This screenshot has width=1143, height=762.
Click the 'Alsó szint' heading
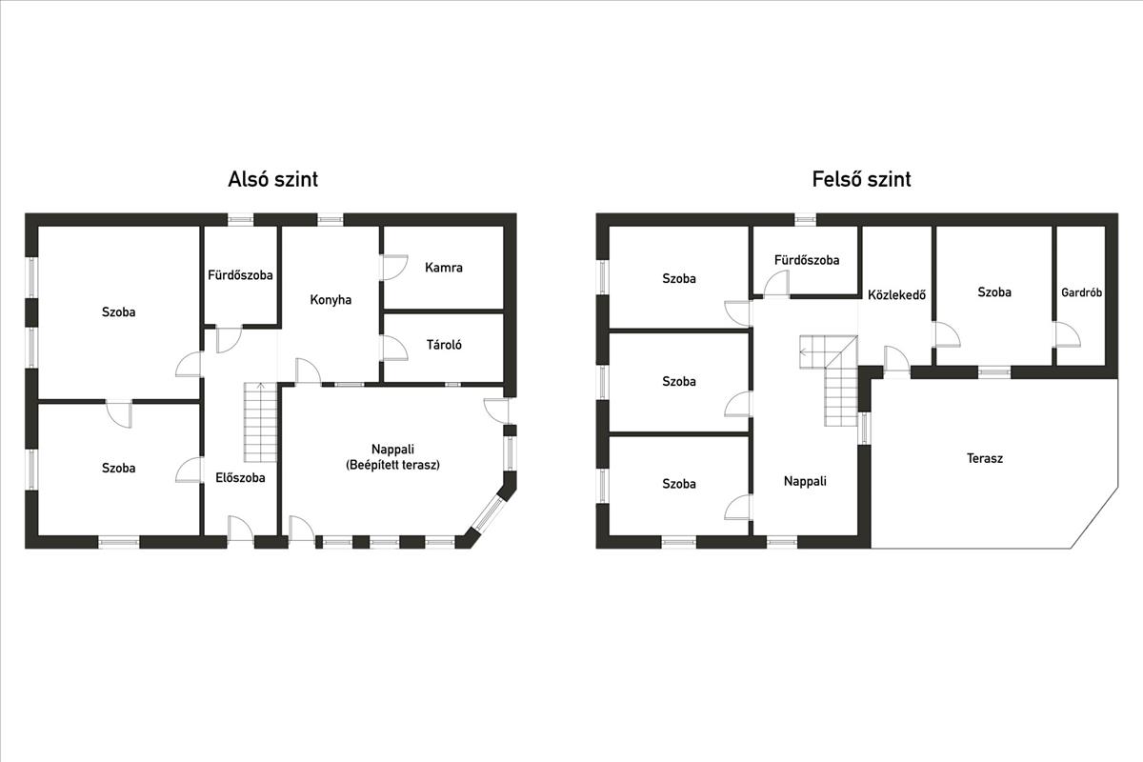tap(273, 179)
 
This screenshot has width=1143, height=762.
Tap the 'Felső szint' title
tap(861, 179)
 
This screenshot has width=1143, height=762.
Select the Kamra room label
tap(444, 268)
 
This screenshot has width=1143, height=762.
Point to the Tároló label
tap(444, 345)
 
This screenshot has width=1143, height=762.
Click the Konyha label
tap(331, 300)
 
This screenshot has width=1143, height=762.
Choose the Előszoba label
tap(240, 478)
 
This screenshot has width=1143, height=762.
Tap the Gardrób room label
tap(1081, 292)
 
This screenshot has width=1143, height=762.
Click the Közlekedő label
tap(896, 294)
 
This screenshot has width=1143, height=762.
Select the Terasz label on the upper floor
tap(984, 458)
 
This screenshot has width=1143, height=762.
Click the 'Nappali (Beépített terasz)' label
tap(392, 457)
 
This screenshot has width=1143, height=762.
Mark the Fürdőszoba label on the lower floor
tap(240, 275)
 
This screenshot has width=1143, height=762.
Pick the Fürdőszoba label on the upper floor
tap(806, 260)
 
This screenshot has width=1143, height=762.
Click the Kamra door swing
tap(395, 267)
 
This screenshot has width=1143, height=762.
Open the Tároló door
tap(395, 348)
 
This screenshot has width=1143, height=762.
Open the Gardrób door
tap(1068, 334)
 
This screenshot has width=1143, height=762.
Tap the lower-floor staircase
tap(260, 422)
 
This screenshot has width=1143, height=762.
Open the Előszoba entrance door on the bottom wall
tap(240, 530)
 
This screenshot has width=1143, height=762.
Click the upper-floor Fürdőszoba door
tap(776, 283)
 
